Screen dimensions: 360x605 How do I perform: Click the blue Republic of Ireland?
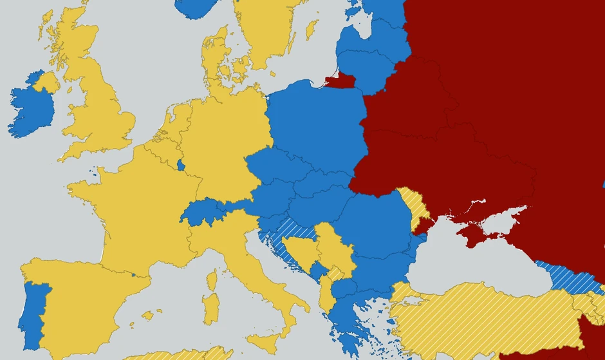[x=29, y=109]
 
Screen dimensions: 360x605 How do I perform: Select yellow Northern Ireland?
[x=47, y=82]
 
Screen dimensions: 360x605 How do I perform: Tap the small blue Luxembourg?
[x=181, y=165]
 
